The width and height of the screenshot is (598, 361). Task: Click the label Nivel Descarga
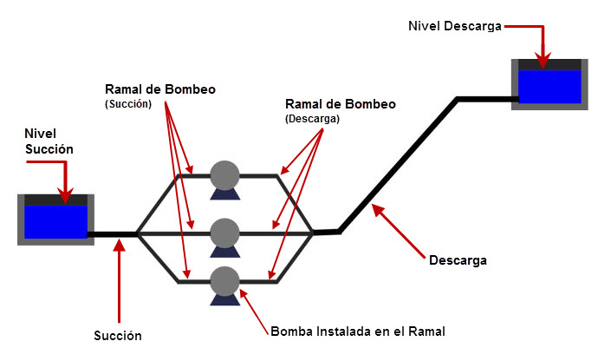pyautogui.click(x=454, y=26)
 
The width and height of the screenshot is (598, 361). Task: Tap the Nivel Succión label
pyautogui.click(x=49, y=141)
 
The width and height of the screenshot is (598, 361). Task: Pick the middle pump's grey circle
pyautogui.click(x=224, y=232)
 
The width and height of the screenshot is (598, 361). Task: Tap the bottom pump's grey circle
pyautogui.click(x=224, y=280)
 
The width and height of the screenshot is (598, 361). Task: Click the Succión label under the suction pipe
pyautogui.click(x=118, y=335)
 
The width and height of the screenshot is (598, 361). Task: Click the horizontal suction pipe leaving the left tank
pyautogui.click(x=114, y=233)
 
